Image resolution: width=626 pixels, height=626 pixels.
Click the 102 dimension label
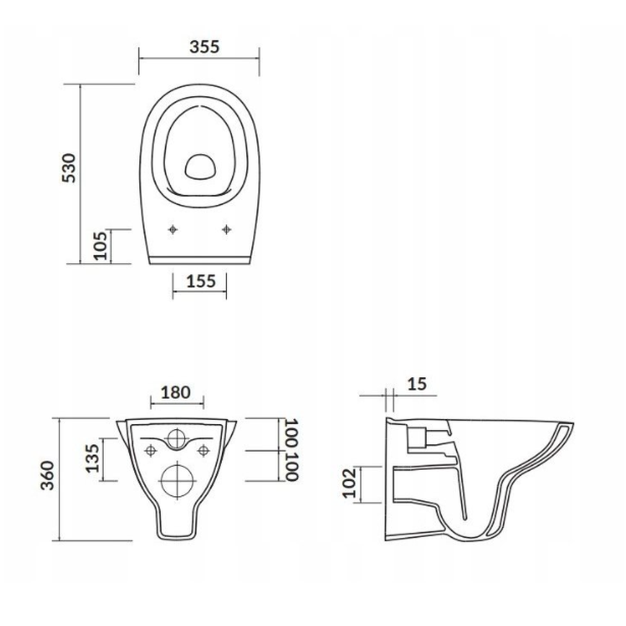(351, 483)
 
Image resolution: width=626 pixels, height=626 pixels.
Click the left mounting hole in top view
(173, 230)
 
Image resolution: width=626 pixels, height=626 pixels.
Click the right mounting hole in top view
(226, 230)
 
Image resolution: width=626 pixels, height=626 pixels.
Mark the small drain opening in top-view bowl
(200, 164)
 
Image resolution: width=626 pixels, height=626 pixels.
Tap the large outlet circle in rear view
(177, 480)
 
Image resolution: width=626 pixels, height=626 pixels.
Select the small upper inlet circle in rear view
(177, 439)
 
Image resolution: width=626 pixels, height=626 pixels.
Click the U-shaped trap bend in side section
(466, 532)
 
